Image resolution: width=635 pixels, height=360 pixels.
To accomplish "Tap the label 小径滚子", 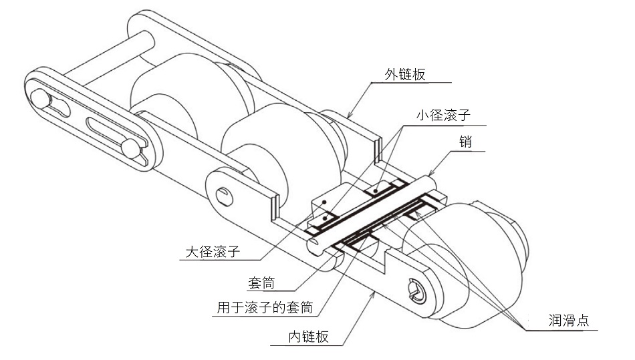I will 442,115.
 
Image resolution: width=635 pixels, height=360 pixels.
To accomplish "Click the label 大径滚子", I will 213,252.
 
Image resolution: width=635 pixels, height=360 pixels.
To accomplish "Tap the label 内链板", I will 309,337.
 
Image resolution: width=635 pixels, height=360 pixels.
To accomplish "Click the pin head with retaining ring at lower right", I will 417,291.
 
